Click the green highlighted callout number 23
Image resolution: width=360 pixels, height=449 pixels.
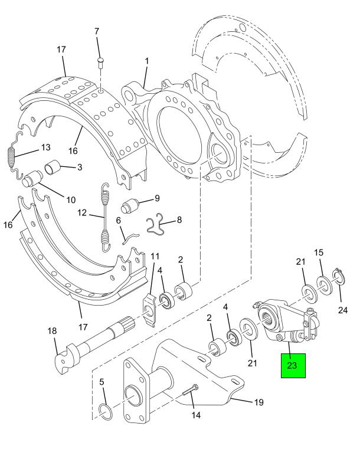(293, 365)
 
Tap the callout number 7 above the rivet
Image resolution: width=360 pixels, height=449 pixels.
(98, 31)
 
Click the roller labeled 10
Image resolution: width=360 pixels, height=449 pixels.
(32, 179)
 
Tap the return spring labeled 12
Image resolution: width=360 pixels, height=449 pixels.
(106, 218)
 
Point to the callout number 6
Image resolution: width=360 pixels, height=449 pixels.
(118, 221)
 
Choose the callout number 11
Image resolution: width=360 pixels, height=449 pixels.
(155, 256)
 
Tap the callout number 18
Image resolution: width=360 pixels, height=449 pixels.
(52, 331)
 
